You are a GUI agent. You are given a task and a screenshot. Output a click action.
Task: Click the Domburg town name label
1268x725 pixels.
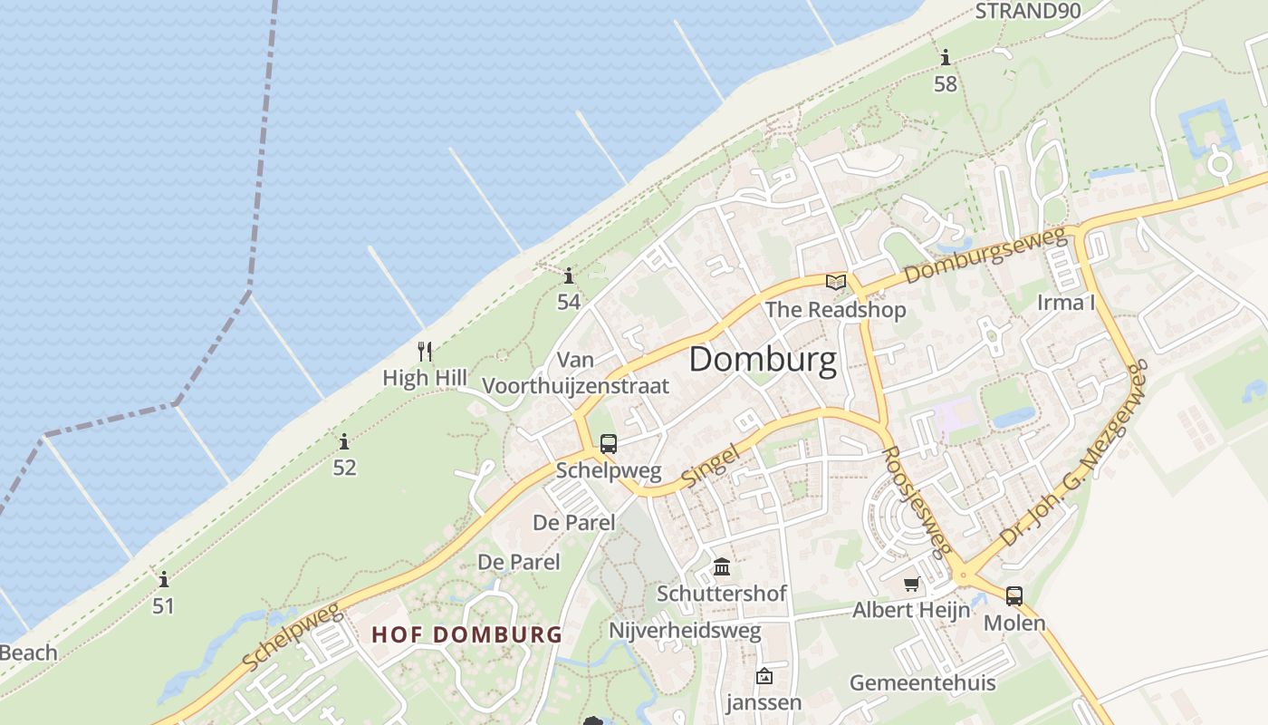click(763, 360)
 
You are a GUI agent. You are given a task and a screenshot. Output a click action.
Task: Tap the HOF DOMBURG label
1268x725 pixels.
click(467, 634)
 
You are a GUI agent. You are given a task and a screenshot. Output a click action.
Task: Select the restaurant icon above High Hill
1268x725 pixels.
click(424, 351)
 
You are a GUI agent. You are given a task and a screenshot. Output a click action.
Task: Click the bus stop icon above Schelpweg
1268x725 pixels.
click(609, 444)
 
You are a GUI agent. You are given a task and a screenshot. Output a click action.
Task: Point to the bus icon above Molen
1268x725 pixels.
click(1014, 596)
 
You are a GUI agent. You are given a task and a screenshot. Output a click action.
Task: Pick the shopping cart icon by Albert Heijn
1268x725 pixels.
click(911, 585)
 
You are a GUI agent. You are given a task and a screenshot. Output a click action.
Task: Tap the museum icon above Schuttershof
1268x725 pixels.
click(722, 567)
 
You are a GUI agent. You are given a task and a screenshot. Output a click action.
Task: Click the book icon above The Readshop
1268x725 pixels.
click(836, 282)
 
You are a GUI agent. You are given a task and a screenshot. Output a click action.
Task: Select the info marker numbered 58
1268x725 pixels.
click(946, 58)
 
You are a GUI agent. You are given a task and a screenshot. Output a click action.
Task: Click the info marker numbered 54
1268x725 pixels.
click(569, 275)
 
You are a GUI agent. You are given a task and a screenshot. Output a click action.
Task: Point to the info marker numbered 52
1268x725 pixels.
click(344, 442)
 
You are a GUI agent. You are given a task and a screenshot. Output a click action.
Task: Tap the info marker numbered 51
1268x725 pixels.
click(164, 579)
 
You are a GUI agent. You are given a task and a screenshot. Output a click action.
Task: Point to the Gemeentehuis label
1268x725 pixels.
click(922, 682)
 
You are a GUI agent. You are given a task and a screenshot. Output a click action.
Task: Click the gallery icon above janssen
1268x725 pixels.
click(764, 676)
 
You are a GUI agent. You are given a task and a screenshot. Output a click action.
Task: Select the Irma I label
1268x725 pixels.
click(1066, 303)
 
